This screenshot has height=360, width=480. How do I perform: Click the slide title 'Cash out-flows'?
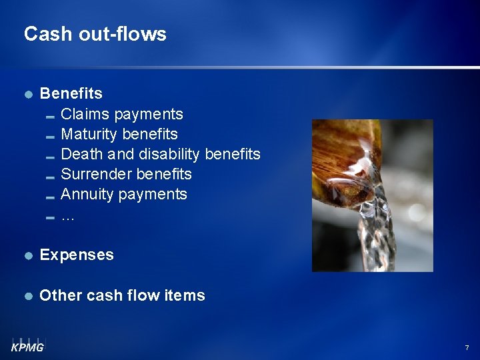point(95,34)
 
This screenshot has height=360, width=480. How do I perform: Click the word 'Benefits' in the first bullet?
point(71,93)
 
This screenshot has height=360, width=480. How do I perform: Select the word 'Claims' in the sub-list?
point(85,114)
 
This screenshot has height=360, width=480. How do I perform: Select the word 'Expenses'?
point(77,255)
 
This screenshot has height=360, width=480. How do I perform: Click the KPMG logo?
point(27,345)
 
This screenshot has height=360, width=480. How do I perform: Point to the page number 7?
point(467,348)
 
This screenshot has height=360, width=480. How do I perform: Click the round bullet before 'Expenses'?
point(28,255)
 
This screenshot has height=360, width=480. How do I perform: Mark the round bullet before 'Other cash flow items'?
point(28,296)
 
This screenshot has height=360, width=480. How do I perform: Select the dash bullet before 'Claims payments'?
point(50,116)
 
